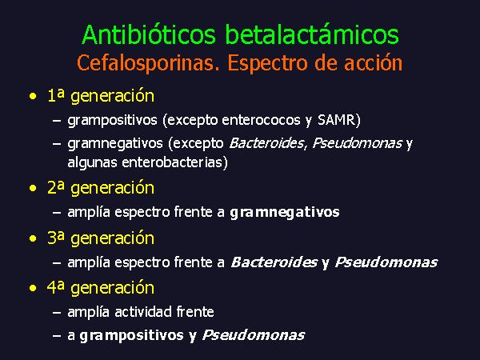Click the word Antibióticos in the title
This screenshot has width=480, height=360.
149,34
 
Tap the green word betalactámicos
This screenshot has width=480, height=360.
312,34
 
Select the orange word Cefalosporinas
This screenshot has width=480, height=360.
148,64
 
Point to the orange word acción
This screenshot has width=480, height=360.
373,62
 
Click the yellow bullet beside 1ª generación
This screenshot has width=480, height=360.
33,97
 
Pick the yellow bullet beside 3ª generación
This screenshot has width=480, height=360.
33,238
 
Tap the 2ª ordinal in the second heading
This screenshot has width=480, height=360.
56,187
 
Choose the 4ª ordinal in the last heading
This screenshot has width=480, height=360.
56,287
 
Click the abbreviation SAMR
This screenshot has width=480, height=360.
336,120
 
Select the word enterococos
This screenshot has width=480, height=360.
261,120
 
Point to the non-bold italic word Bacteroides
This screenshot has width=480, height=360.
266,143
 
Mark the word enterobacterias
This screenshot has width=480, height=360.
174,162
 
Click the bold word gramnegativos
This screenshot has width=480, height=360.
285,213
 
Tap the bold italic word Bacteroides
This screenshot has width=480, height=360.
274,262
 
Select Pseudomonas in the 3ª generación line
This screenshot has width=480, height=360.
386,262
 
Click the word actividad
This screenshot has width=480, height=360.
143,312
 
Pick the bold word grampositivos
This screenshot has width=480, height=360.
131,336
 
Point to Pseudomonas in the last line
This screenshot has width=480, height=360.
254,335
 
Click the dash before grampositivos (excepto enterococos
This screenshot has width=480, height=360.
57,121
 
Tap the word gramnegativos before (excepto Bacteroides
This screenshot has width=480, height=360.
115,144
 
